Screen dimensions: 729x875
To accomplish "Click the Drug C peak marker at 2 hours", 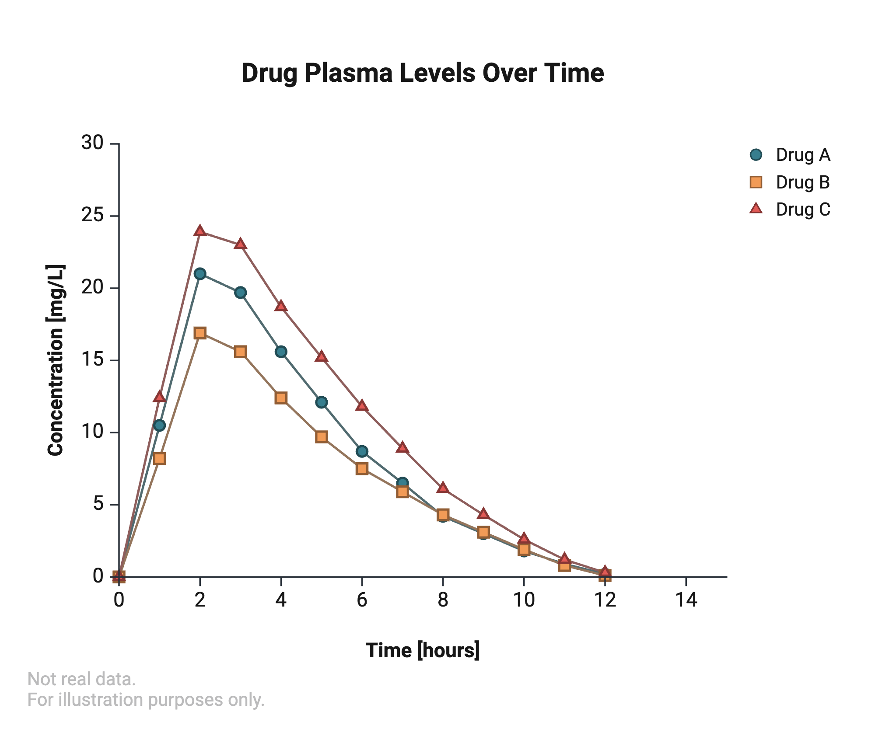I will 200,231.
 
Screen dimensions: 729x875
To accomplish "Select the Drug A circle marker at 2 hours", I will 200,274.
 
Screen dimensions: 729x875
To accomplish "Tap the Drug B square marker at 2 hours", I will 200,333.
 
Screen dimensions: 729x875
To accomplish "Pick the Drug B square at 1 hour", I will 160,459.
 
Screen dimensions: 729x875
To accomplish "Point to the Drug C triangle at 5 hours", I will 322,357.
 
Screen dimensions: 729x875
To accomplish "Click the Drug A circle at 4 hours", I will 281,352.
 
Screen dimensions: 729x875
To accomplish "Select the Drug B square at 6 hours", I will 362,469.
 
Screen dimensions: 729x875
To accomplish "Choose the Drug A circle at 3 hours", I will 240,293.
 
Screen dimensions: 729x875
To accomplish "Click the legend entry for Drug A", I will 802,155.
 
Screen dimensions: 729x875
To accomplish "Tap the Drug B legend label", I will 802,182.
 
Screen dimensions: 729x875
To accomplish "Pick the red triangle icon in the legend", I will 756,209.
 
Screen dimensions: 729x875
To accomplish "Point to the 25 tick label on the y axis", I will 92,216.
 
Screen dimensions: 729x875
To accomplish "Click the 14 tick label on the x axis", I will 686,600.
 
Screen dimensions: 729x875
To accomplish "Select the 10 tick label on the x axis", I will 524,600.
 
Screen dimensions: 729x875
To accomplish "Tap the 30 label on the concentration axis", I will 92,143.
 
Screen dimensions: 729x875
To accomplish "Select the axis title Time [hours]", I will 423,650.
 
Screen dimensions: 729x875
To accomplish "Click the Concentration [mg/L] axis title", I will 56,360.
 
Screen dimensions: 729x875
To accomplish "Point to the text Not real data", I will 82,679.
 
